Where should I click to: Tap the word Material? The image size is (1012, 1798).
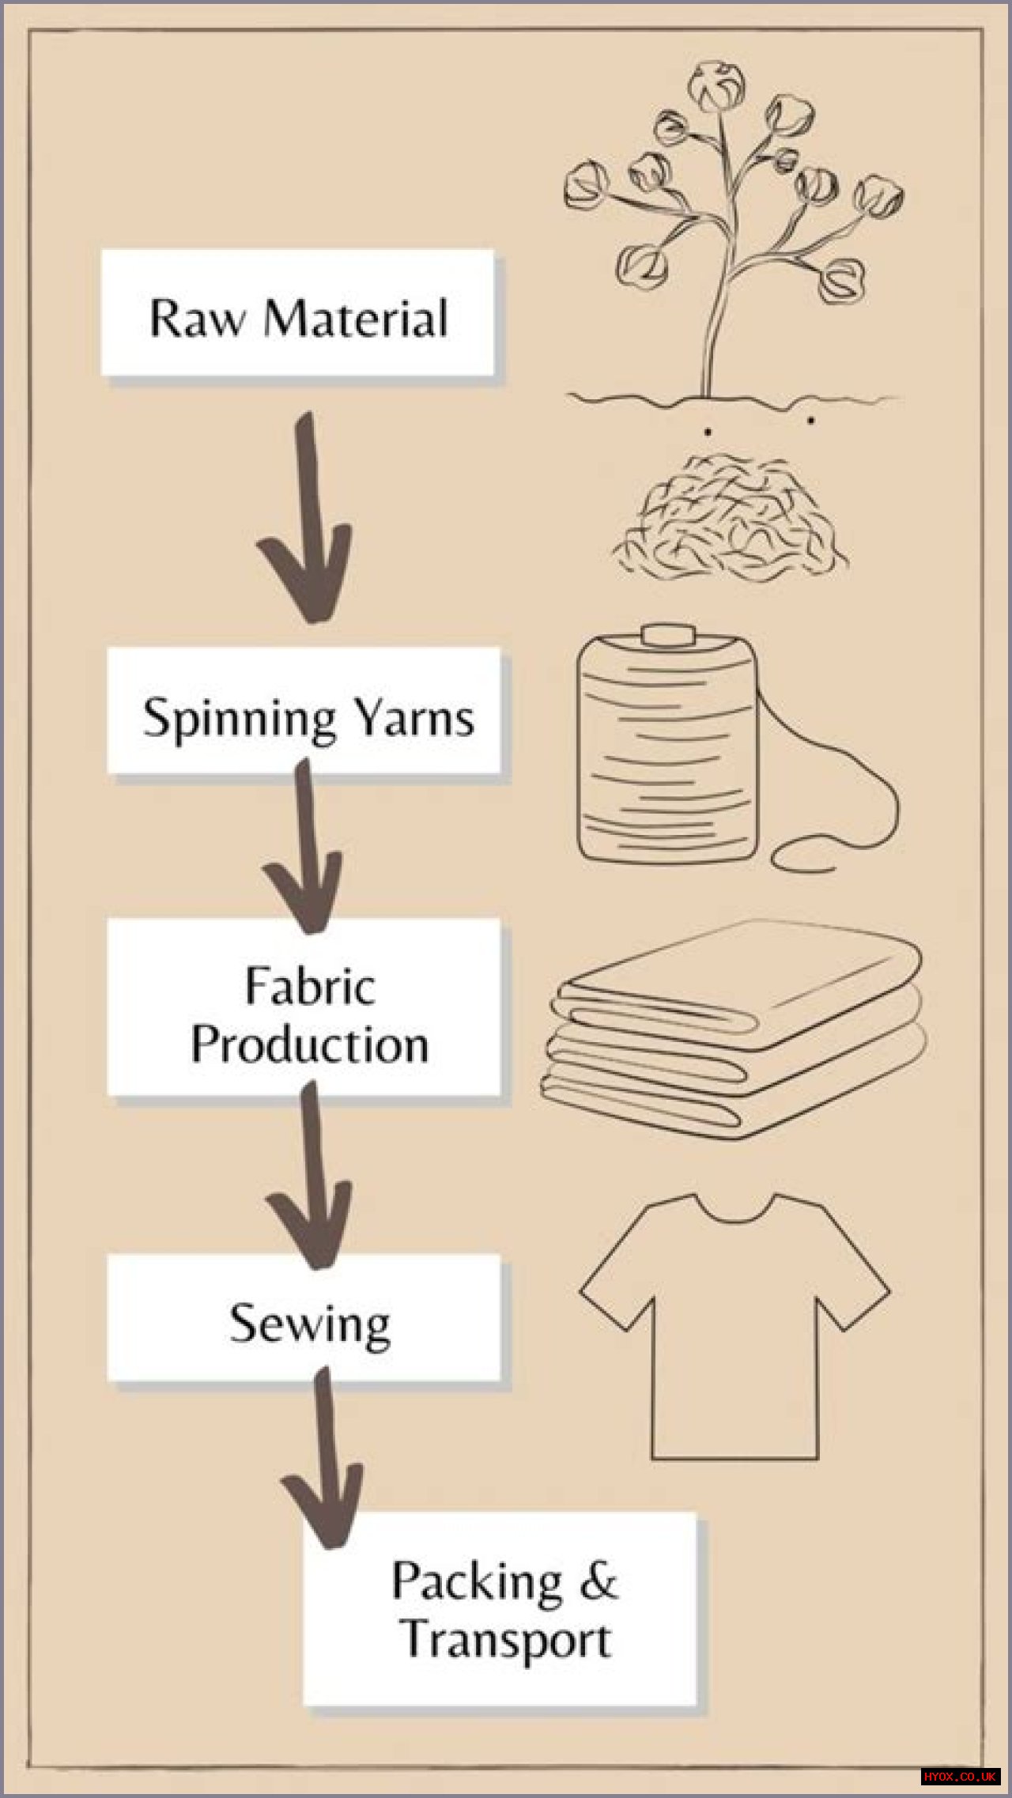pyautogui.click(x=356, y=319)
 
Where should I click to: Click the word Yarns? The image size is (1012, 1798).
pyautogui.click(x=413, y=717)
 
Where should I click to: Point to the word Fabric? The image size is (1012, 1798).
pyautogui.click(x=309, y=987)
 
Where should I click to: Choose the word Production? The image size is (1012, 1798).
pyautogui.click(x=309, y=1044)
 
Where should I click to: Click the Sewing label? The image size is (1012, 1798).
pyautogui.click(x=309, y=1324)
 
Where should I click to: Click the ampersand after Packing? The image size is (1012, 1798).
pyautogui.click(x=599, y=1581)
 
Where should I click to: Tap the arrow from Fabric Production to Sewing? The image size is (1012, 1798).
pyautogui.click(x=310, y=1178)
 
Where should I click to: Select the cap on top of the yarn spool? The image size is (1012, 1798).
pyautogui.click(x=668, y=636)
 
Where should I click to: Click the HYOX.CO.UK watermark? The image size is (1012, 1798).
pyautogui.click(x=960, y=1777)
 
